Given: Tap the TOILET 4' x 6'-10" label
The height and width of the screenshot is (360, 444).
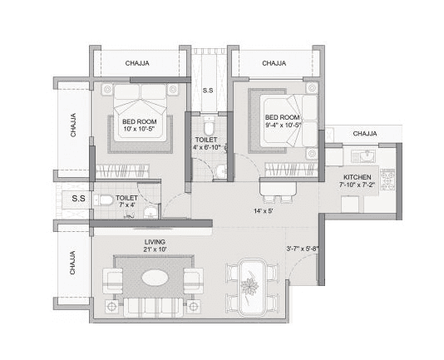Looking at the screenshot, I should [x=210, y=144].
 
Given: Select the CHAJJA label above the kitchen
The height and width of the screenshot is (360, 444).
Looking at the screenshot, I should [x=364, y=134].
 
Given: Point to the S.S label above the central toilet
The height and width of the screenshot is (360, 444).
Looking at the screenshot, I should [x=209, y=91].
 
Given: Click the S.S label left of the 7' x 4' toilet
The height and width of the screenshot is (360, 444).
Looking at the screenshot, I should [x=78, y=199].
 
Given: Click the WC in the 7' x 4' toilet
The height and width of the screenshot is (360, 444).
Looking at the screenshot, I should [x=102, y=200].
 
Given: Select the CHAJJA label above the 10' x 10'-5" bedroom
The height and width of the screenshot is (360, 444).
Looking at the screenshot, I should [x=137, y=63].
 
